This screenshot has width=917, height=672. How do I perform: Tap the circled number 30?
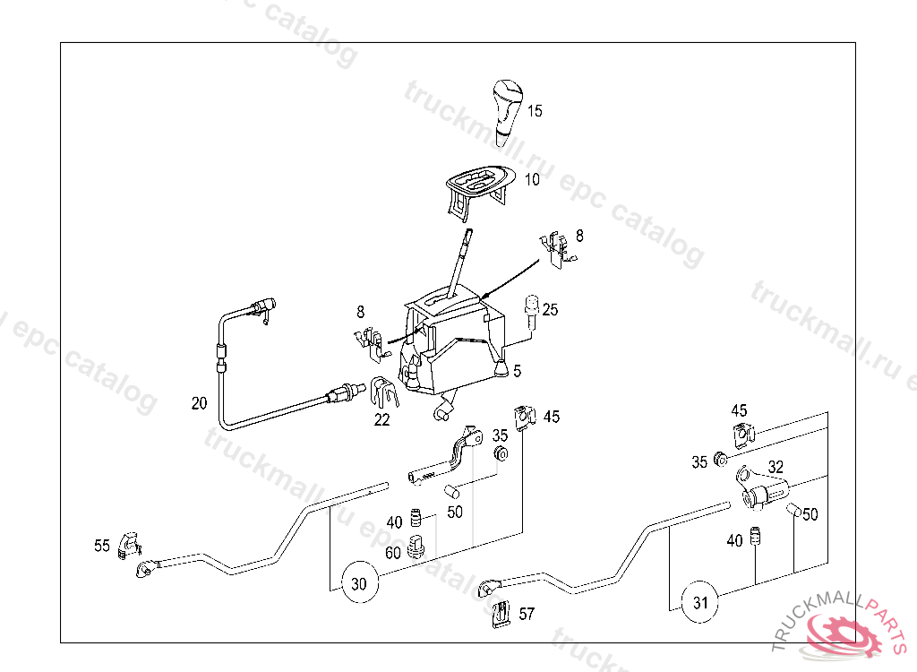click(x=358, y=584)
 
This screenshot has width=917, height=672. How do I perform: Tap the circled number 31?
click(x=700, y=603)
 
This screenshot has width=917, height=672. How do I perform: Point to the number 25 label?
click(x=550, y=309)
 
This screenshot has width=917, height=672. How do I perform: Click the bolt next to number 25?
click(x=531, y=311)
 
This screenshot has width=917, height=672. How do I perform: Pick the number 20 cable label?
click(x=199, y=403)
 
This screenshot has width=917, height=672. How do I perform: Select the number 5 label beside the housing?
click(x=517, y=368)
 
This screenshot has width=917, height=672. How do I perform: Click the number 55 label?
click(x=102, y=545)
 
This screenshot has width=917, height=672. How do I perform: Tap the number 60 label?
click(x=392, y=553)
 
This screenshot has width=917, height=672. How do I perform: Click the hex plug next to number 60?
click(x=415, y=545)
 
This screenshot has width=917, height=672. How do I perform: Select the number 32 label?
click(x=776, y=467)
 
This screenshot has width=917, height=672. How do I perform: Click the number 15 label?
click(x=534, y=112)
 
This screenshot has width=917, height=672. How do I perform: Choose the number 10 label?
click(x=532, y=179)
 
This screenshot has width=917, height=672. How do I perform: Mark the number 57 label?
click(x=527, y=614)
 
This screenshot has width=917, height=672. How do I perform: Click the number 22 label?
click(x=382, y=419)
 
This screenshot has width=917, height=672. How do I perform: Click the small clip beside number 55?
click(x=130, y=542)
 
